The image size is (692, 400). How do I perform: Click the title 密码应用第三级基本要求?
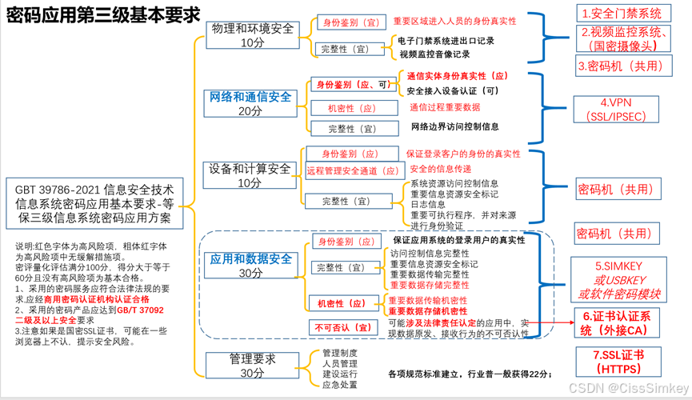pos(102,18)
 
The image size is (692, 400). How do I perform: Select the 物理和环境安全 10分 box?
pos(251,35)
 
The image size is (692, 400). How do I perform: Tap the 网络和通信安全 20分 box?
pos(251,104)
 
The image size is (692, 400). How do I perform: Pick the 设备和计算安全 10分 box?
pos(250,176)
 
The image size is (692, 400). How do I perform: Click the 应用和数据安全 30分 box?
pos(251,266)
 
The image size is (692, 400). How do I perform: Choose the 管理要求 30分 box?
pos(251,366)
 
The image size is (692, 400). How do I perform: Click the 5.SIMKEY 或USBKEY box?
pos(621,279)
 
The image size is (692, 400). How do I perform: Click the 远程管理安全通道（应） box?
pos(353,170)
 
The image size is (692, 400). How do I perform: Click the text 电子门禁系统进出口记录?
pos(446,40)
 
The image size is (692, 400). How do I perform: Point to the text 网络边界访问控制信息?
pos(454,126)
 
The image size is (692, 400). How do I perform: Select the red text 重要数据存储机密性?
pos(428,310)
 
